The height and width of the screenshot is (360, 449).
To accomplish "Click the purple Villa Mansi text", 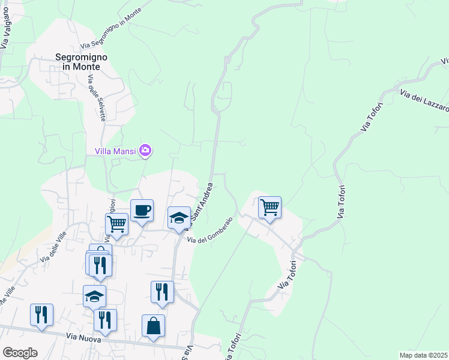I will [x=116, y=151].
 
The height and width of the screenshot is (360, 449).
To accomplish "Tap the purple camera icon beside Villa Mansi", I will [x=145, y=150].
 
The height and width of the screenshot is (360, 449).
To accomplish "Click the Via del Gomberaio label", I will [x=209, y=230].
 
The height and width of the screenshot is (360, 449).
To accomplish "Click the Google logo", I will [x=20, y=352].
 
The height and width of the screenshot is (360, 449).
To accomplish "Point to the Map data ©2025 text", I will [x=423, y=355].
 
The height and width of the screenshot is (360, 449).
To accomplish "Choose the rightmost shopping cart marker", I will [x=270, y=208].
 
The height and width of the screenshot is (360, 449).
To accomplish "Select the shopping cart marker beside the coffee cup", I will [x=117, y=224].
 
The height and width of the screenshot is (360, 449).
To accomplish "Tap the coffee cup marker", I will [x=142, y=211].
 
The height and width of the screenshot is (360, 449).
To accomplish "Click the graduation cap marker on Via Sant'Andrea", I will [x=179, y=218].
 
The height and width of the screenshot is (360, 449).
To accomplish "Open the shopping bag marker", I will [x=153, y=326].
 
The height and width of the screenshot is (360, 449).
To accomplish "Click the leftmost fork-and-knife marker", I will [x=41, y=315].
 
